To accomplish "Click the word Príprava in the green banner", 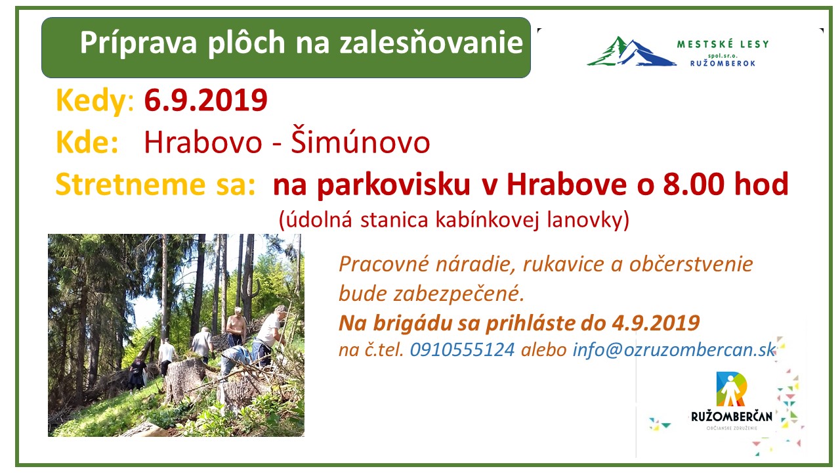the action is point(138,43).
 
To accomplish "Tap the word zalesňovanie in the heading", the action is point(431,43).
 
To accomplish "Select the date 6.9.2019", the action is point(205,101).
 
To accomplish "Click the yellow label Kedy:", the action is point(95,101).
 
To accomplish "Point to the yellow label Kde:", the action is point(87,143).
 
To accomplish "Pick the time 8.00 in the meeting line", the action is point(694,185).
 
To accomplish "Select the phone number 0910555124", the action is point(462,350).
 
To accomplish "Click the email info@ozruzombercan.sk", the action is point(674,350).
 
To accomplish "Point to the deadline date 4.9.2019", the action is point(655,323).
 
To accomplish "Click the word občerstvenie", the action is point(691,264).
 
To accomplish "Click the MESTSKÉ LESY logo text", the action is point(723,44).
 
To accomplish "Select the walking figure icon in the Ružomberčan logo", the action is point(730,390).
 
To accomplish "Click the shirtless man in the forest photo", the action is point(236,326).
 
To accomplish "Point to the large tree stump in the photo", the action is point(186,378).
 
